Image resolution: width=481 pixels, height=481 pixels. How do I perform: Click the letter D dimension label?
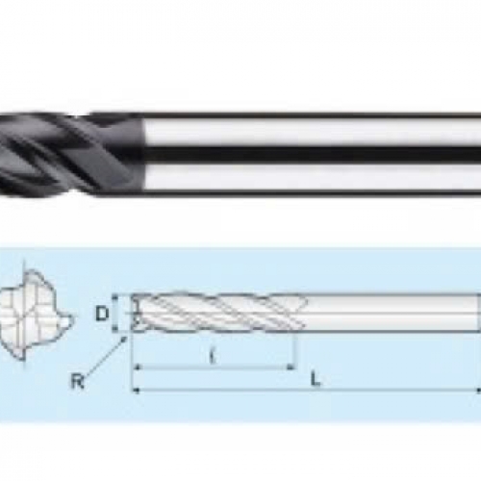point(102,314)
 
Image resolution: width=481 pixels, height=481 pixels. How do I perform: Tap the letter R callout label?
point(78,381)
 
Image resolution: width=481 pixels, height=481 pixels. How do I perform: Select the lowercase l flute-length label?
point(212,356)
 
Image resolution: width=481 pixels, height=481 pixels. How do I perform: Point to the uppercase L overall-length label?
point(316,379)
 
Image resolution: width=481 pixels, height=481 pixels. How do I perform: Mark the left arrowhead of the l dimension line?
point(137,367)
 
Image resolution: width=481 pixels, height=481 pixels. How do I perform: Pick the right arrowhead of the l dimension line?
point(291,367)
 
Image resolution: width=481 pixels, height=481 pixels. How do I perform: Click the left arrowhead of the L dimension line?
point(137,391)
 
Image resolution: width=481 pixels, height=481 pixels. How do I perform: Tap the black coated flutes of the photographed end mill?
point(70,153)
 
